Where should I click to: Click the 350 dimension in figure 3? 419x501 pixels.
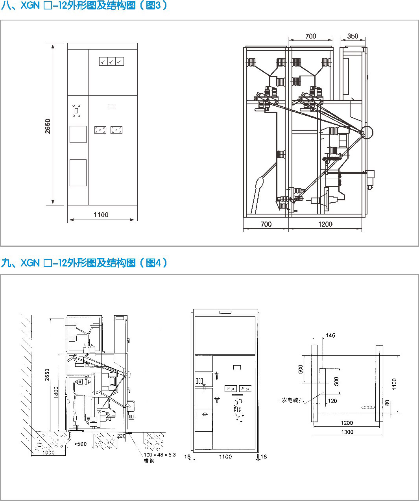point(353,36)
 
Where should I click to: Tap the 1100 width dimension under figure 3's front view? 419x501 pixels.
point(101,214)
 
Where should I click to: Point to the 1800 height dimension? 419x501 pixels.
point(56,392)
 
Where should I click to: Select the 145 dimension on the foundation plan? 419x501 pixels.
point(330,335)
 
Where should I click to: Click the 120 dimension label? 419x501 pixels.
point(332,401)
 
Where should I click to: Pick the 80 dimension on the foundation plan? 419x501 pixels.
point(387,403)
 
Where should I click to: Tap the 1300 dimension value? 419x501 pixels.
point(347,432)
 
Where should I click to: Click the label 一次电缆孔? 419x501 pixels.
point(290,400)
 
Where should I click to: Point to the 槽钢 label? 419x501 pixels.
point(149,461)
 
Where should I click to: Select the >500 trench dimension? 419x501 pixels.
point(80,444)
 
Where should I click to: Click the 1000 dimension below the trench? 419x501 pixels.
point(48,453)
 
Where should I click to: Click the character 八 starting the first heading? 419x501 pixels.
point(6,5)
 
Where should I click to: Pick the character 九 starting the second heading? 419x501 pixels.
point(6,263)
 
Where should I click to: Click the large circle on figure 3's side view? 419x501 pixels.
point(367,132)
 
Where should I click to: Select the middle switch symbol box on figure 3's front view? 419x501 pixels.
point(111,61)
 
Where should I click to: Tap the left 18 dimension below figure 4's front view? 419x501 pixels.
point(187,457)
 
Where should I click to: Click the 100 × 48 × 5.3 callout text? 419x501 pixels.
point(160,455)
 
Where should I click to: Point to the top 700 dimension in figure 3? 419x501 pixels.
point(310,36)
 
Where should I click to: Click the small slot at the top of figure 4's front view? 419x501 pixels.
point(225,312)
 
